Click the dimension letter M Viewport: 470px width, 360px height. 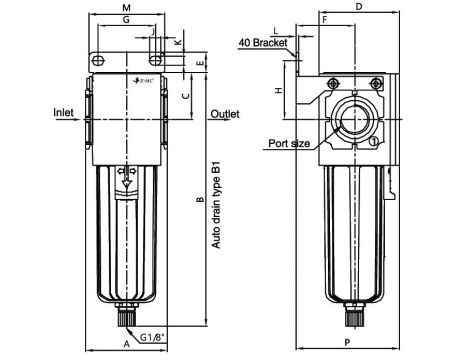[x=126, y=8]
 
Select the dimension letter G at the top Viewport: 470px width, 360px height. [x=126, y=20]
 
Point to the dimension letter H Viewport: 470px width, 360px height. [x=279, y=89]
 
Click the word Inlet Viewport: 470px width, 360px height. [x=63, y=113]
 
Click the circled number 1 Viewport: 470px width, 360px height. [x=373, y=143]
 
